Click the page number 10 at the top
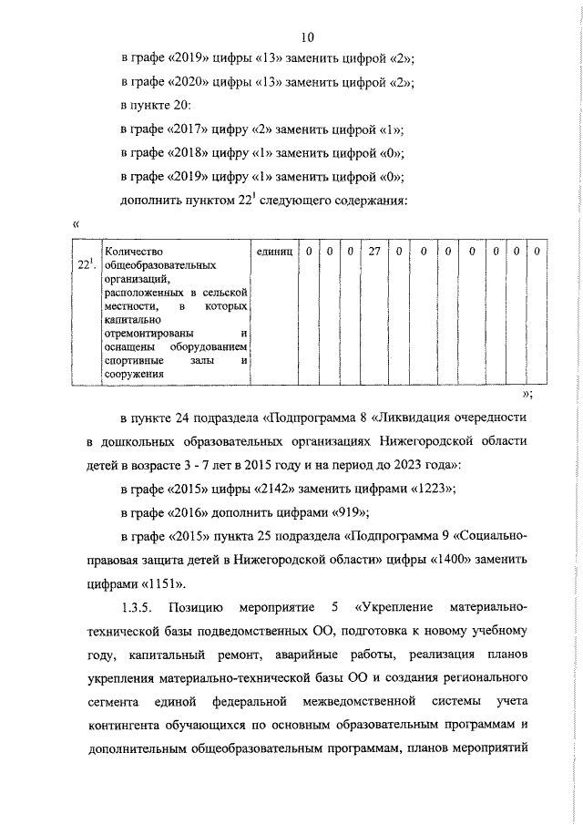[x=307, y=36]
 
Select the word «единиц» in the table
[x=274, y=252]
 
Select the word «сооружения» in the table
[x=133, y=374]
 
